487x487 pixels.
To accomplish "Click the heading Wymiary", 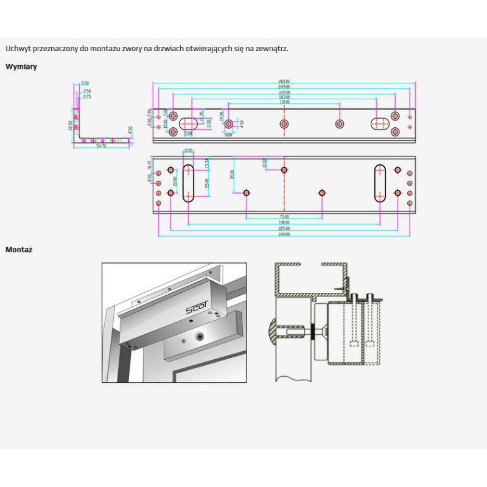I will tap(21, 67).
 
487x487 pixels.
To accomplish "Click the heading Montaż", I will tap(19, 250).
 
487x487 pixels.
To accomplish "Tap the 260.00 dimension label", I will tap(284, 81).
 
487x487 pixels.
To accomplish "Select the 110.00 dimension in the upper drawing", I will tap(284, 102).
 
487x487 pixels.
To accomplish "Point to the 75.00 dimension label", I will tap(284, 217).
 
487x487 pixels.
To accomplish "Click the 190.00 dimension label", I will tap(284, 223).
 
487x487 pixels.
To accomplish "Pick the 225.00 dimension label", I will tap(284, 229).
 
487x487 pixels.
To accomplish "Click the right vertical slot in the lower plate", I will tap(380, 183).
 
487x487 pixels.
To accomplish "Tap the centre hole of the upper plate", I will tap(284, 124).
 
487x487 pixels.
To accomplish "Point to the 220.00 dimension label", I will tap(284, 92).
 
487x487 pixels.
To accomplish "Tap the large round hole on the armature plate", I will tap(199, 337).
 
